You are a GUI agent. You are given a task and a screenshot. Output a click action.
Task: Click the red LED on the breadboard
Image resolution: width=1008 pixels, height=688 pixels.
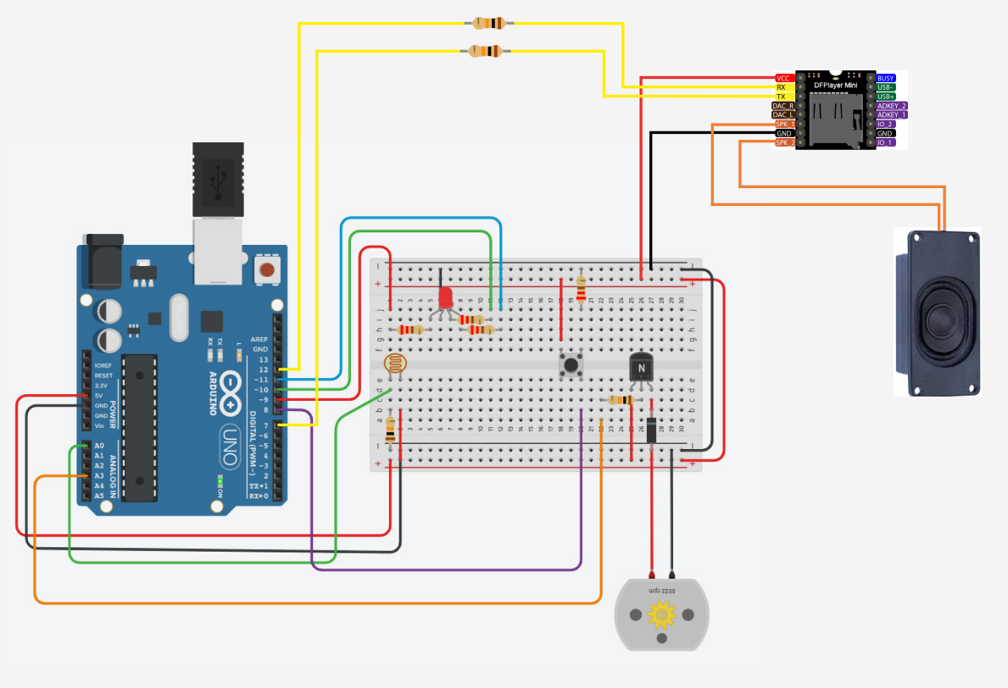[446, 297]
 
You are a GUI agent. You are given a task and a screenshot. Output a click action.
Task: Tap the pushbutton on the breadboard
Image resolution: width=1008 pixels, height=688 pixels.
[571, 366]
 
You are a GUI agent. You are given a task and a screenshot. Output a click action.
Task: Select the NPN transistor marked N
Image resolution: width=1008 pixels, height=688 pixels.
[641, 368]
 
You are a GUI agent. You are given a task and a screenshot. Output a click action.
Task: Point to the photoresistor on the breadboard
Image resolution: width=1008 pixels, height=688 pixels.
[394, 365]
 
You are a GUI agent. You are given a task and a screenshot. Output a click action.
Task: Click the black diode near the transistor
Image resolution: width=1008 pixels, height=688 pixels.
[651, 430]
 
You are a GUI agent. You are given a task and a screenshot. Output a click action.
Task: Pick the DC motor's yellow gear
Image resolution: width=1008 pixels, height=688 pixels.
[660, 613]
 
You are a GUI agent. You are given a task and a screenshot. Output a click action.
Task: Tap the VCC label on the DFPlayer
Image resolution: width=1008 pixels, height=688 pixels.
[783, 78]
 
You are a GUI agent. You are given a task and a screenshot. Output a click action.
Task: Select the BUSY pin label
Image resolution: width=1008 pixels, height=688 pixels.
[885, 78]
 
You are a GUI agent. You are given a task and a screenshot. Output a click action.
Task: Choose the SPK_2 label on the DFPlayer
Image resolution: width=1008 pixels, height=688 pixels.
[784, 142]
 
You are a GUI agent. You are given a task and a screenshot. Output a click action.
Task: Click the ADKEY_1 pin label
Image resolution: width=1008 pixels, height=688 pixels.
[891, 114]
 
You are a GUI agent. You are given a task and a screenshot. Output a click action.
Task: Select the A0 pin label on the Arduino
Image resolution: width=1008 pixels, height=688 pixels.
[99, 446]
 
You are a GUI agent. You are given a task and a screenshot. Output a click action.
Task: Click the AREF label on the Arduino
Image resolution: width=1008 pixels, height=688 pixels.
[259, 339]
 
